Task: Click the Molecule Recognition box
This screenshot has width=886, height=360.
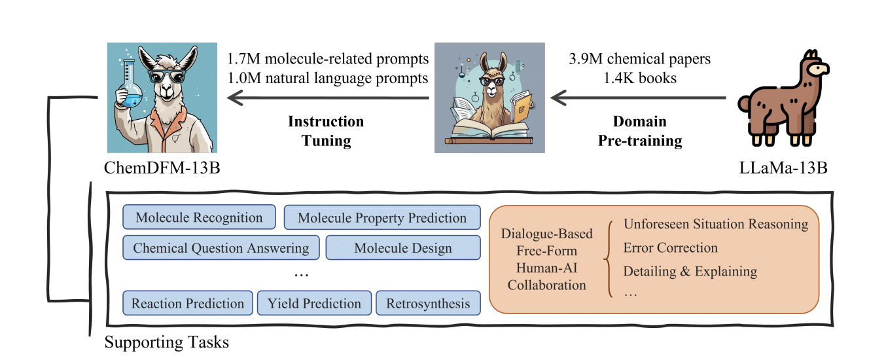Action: (x=199, y=217)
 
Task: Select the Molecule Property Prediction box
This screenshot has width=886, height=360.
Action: (x=382, y=217)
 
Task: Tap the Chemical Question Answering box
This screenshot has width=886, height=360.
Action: (x=221, y=247)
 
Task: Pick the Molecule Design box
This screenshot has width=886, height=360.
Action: (x=403, y=247)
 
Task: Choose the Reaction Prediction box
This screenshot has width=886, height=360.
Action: (x=188, y=303)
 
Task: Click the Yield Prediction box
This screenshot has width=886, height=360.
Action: (x=315, y=303)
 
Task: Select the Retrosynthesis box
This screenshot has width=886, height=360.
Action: (x=428, y=303)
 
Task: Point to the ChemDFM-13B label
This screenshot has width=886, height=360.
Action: (x=162, y=168)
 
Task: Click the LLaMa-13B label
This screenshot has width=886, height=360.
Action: (x=783, y=168)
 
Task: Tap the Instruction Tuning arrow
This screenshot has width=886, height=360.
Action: (x=328, y=98)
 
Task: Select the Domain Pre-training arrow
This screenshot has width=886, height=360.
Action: (x=638, y=98)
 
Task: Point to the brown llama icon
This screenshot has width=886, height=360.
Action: (x=783, y=98)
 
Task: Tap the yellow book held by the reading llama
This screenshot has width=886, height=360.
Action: (x=522, y=106)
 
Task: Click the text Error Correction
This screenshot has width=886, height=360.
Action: (x=671, y=247)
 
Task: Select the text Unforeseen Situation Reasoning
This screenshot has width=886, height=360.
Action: (x=716, y=224)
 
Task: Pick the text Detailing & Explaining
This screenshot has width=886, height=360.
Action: (x=690, y=272)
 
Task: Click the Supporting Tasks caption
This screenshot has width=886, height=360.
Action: (x=166, y=342)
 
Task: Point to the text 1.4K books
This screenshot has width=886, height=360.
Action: (x=640, y=78)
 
